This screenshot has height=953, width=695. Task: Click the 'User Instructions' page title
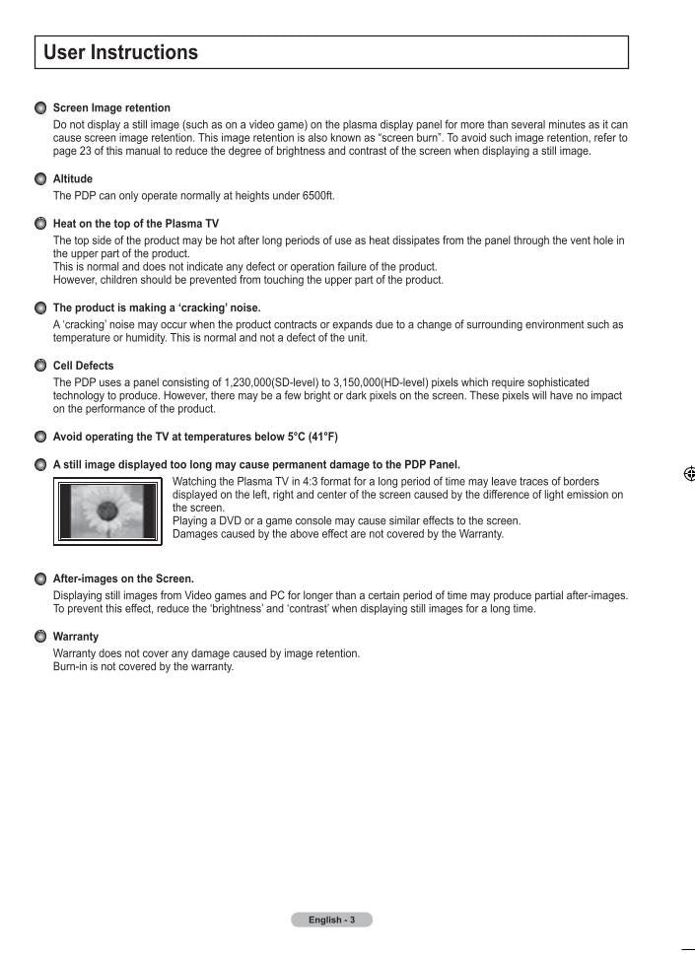(x=120, y=53)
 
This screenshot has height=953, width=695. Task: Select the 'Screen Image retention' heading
(x=111, y=107)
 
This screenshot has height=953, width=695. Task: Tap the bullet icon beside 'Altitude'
(x=40, y=179)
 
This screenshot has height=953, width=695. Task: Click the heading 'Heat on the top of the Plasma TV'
(x=136, y=224)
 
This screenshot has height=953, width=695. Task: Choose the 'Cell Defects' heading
(x=83, y=366)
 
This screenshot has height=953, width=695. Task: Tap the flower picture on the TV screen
(x=106, y=510)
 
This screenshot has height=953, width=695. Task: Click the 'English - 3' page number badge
(x=331, y=919)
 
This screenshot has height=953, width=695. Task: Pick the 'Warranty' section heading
(x=76, y=637)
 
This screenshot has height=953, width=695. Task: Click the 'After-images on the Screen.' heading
(x=123, y=579)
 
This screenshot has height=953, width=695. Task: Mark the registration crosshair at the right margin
(x=689, y=474)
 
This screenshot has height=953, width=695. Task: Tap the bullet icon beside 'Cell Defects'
(x=40, y=366)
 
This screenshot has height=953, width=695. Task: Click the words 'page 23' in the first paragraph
(x=72, y=152)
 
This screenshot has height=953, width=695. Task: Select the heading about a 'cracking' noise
(x=157, y=307)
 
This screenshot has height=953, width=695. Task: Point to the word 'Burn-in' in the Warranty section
(x=71, y=667)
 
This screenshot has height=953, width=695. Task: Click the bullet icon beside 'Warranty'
(x=40, y=637)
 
